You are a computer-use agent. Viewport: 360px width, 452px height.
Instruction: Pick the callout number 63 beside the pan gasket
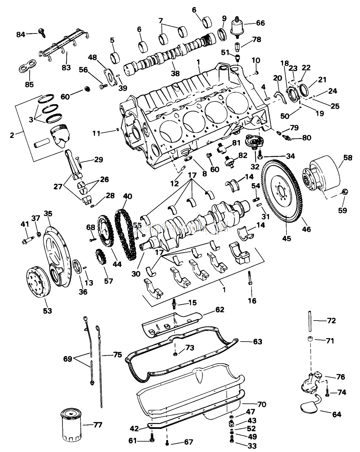pos(257,342)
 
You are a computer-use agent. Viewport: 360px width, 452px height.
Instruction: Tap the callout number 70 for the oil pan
pos(262,404)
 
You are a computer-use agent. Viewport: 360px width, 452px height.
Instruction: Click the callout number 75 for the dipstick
pos(117,355)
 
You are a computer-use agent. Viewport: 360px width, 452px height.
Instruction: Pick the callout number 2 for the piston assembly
pos(12,135)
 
